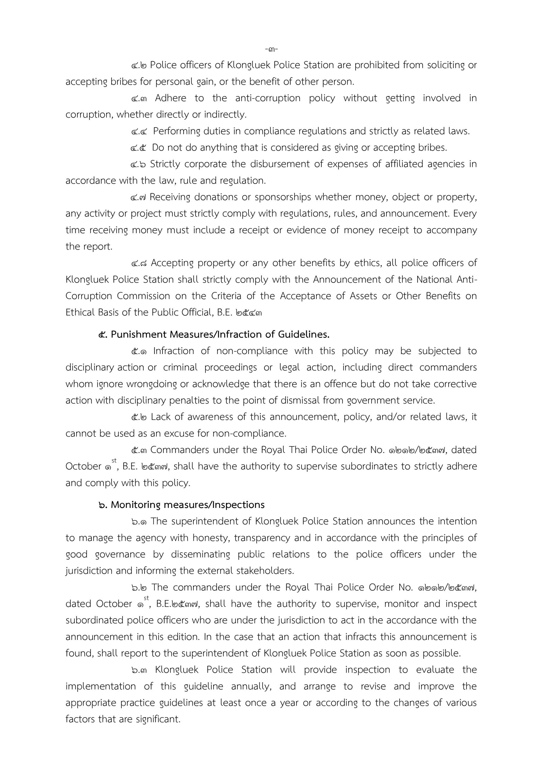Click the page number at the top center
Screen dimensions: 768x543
pos(272,49)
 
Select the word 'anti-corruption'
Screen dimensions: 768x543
pos(268,98)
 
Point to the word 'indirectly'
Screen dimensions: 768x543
pos(225,114)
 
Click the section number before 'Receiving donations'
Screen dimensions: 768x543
pos(138,197)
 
